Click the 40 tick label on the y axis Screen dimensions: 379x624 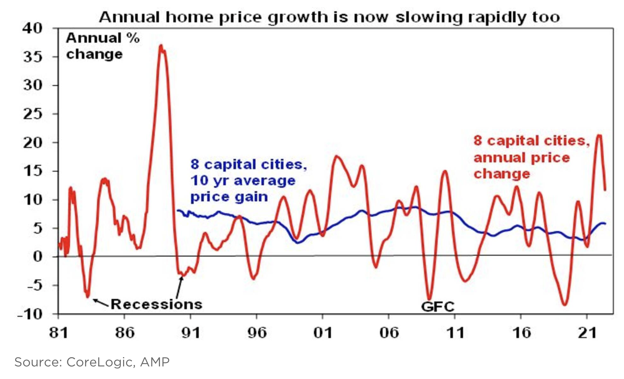[33, 28]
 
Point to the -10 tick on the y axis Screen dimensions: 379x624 [30, 314]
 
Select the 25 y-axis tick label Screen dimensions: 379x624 [33, 114]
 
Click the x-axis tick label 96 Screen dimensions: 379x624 [257, 333]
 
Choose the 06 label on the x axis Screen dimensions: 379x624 [389, 333]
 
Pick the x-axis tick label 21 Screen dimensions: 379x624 [587, 333]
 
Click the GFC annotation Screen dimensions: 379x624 [438, 307]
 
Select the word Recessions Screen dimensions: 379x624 [156, 304]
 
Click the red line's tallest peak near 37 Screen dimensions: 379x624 [161, 46]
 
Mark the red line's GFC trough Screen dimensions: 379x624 [429, 299]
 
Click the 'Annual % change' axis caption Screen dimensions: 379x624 [102, 46]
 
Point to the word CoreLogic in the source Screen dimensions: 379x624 [99, 362]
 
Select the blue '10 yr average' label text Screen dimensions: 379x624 [243, 181]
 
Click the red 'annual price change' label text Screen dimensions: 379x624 [521, 158]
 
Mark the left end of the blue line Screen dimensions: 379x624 [178, 211]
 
